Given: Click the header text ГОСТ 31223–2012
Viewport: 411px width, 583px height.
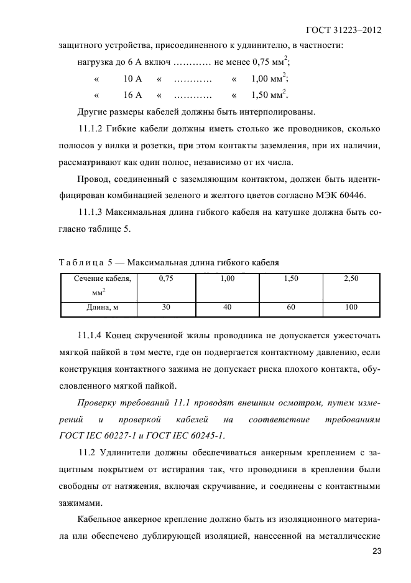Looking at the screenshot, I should pos(343,30).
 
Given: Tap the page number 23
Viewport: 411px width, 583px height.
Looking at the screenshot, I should pos(376,551).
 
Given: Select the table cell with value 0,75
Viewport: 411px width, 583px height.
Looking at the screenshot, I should pos(166,279).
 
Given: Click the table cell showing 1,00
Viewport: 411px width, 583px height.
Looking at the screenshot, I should pos(227,279).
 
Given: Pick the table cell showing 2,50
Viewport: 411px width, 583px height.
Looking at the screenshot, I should pos(351,279).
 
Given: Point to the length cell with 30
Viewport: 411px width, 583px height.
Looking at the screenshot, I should pos(166,307).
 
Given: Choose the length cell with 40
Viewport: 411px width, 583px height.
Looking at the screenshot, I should pos(227,307).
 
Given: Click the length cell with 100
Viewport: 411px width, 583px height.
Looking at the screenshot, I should pos(351,307).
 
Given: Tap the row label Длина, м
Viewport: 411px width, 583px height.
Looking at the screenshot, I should pos(101,307).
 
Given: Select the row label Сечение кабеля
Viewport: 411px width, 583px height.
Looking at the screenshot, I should pos(101,279).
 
